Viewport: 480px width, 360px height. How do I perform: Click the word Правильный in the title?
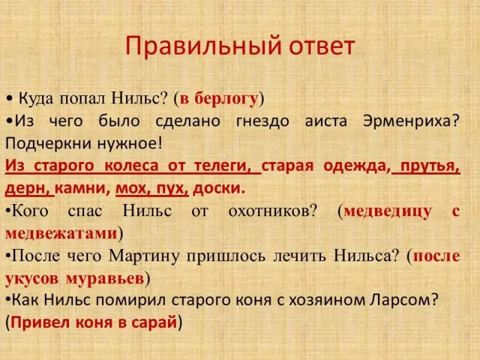coord(203,47)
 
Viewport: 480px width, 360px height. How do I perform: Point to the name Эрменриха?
coord(411,122)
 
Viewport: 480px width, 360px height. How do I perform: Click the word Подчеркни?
coord(47,143)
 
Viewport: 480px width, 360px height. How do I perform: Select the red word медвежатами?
coord(62,233)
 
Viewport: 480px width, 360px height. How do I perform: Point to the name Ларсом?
coord(404,301)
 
